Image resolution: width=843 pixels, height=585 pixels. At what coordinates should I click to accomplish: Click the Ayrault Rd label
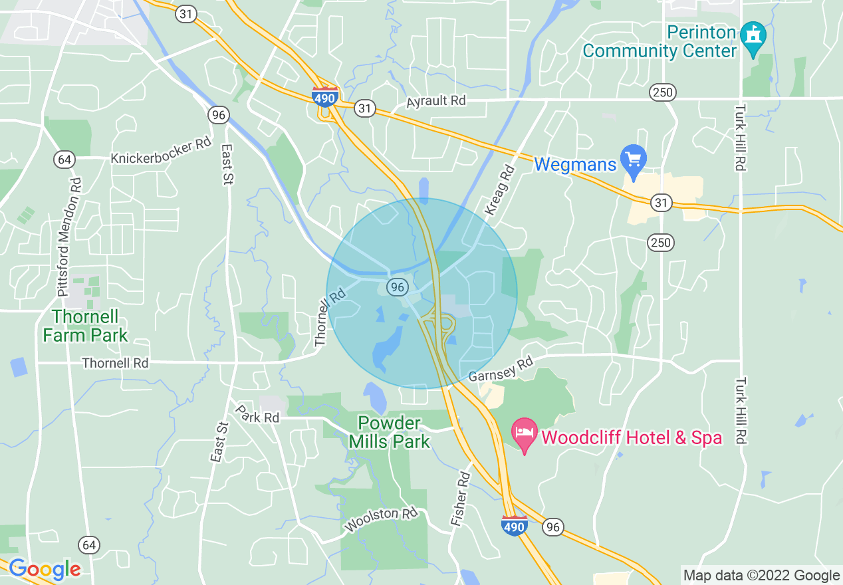pyautogui.click(x=436, y=100)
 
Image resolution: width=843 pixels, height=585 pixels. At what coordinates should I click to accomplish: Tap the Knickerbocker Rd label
pyautogui.click(x=161, y=151)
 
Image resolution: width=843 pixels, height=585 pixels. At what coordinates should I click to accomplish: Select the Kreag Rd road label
pyautogui.click(x=501, y=190)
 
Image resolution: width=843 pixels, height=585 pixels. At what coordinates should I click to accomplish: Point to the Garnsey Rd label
pyautogui.click(x=501, y=370)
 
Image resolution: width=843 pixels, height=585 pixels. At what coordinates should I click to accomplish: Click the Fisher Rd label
pyautogui.click(x=461, y=500)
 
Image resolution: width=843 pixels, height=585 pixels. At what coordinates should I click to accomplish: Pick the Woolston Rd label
pyautogui.click(x=381, y=520)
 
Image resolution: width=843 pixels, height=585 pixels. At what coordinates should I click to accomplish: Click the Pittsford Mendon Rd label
pyautogui.click(x=68, y=236)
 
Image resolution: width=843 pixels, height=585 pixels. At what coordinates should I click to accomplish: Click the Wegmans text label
pyautogui.click(x=575, y=164)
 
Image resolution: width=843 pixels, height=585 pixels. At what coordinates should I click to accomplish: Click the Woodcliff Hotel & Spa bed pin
pyautogui.click(x=524, y=433)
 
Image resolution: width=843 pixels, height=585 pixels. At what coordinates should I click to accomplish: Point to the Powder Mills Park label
pyautogui.click(x=390, y=432)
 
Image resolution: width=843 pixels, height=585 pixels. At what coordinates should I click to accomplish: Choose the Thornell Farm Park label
pyautogui.click(x=85, y=326)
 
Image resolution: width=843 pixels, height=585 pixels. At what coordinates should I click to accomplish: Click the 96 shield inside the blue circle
pyautogui.click(x=397, y=287)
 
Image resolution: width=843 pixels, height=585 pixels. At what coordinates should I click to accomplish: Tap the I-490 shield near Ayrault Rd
pyautogui.click(x=324, y=96)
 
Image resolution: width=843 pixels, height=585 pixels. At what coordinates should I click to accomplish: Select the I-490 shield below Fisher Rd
pyautogui.click(x=515, y=525)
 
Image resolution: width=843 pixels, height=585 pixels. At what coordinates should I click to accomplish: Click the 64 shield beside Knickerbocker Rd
pyautogui.click(x=64, y=160)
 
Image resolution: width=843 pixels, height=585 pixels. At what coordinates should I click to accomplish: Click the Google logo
pyautogui.click(x=45, y=569)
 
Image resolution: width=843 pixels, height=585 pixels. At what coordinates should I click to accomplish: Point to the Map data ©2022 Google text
pyautogui.click(x=762, y=576)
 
